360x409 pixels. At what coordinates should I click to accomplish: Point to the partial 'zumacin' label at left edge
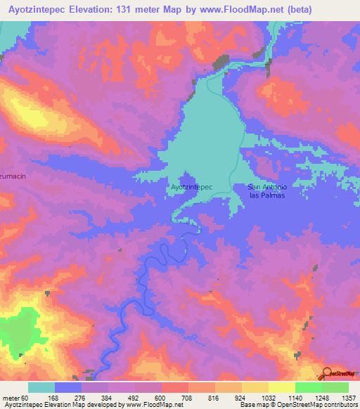pos(13,178)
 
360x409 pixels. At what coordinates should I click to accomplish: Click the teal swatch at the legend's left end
pos(41,387)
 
